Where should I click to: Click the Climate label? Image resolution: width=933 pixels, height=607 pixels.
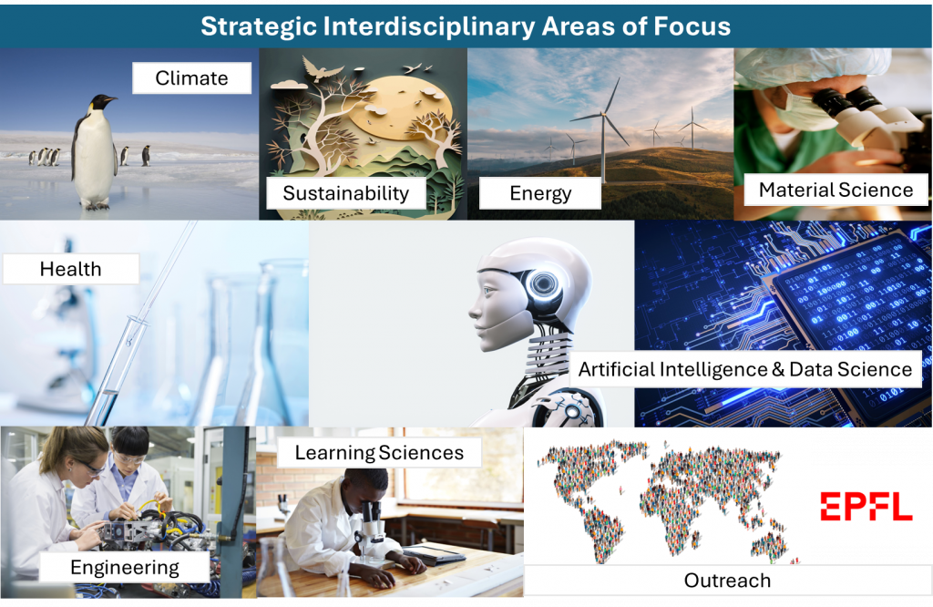tap(191, 78)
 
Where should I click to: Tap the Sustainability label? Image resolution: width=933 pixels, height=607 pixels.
tap(345, 193)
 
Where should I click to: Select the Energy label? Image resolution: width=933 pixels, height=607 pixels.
tap(540, 193)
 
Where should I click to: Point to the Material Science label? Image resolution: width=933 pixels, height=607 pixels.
tap(836, 190)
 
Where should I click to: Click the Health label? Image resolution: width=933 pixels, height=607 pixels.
tap(71, 269)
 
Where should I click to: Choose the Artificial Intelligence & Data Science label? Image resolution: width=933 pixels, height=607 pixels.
tap(745, 369)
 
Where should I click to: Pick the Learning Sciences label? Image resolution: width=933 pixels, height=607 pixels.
tap(379, 453)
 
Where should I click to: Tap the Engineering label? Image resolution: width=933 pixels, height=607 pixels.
tap(124, 567)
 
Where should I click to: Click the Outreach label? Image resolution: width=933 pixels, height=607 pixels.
tap(727, 581)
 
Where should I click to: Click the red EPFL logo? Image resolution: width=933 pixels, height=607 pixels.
tap(866, 507)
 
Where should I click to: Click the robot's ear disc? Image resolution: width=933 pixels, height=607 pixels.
tap(543, 283)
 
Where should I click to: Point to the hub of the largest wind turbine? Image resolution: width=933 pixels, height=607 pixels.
tap(603, 114)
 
